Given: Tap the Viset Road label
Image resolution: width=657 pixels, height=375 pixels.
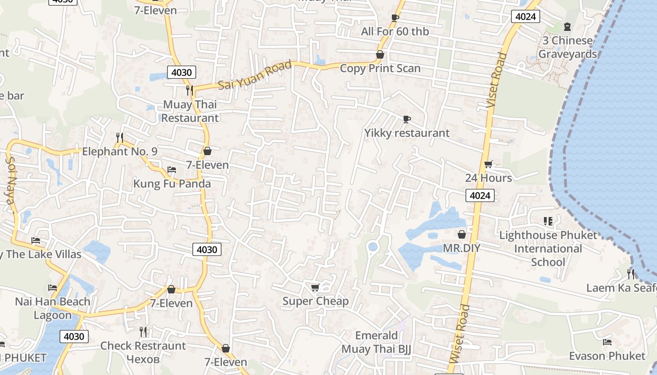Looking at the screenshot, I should tap(497, 81).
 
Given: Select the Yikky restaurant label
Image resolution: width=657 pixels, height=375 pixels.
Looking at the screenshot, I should tap(407, 133).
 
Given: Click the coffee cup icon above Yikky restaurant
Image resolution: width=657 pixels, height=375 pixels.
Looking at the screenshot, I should tap(406, 120).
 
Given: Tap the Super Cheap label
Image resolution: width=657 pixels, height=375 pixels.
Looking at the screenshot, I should tap(315, 301).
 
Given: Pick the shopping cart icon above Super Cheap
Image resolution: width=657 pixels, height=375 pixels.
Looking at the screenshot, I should tap(315, 287).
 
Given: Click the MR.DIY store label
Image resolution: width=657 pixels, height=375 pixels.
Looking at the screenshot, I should tap(462, 248).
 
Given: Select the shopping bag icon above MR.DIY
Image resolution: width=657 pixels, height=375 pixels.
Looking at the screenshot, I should tap(462, 234).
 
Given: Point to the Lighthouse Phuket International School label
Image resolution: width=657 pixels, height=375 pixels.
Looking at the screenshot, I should tap(548, 248).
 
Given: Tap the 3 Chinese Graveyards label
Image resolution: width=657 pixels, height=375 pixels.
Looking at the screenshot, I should tap(567, 47).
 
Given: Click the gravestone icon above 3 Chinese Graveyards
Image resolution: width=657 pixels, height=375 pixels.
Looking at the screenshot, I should tap(567, 27).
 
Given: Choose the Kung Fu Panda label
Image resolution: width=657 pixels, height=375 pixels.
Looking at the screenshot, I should tap(172, 183).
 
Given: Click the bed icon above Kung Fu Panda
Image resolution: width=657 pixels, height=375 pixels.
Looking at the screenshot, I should tap(172, 170).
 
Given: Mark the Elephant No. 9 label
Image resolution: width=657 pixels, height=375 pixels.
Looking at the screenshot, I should tap(120, 151).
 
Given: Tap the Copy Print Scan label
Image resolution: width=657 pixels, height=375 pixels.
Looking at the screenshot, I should tap(380, 68).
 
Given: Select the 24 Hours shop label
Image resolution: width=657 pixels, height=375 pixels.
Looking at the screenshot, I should tap(489, 178).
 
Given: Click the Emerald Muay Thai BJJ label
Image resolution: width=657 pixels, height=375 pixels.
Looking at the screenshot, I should tap(376, 342).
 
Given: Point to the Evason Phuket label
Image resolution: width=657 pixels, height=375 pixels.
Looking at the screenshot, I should tap(607, 356).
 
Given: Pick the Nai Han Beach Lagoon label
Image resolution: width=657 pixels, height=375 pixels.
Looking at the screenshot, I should tap(53, 308).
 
